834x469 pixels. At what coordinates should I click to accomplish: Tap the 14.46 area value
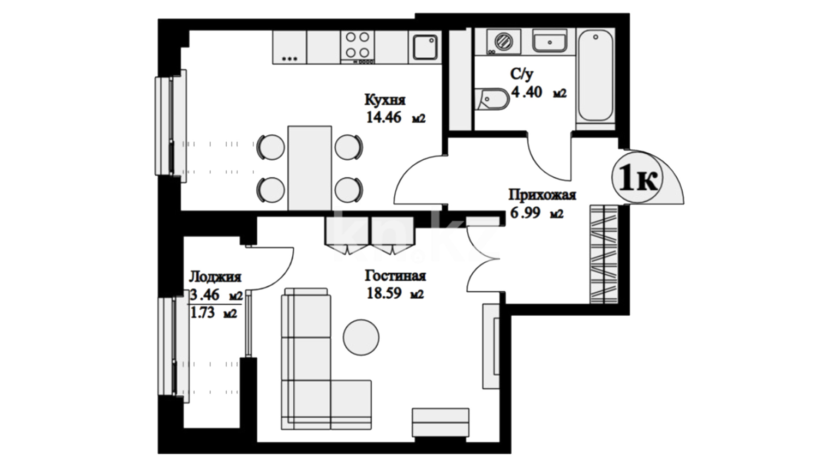coord(384,118)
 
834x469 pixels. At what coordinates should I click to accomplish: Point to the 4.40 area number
coord(526,92)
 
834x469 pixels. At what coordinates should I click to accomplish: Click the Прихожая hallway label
coord(542,195)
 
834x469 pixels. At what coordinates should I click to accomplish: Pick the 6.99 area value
coord(525,213)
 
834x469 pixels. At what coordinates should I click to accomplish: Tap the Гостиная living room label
coord(395,276)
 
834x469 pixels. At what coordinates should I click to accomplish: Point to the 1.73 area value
coord(203,313)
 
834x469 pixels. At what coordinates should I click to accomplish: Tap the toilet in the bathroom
coord(492,99)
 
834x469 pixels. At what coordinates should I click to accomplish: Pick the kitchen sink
coord(425,47)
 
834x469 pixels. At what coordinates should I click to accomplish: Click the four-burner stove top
coord(358,45)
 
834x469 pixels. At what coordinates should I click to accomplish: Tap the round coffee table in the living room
coord(361,337)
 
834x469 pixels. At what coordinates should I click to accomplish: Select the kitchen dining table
coord(310,168)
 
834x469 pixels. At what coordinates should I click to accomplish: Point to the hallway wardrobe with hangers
coord(604,254)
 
